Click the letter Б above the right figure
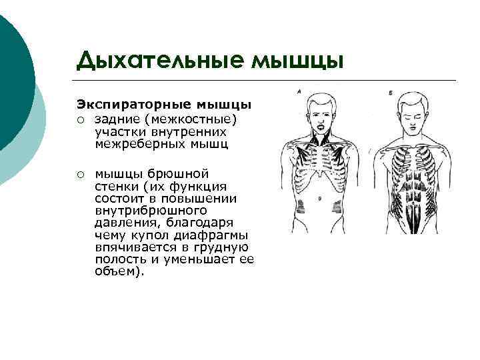coord(390,91)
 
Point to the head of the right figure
coord(414,110)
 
